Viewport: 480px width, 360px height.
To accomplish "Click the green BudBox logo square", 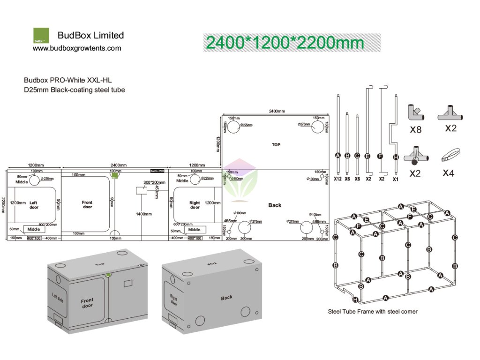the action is click(41, 36).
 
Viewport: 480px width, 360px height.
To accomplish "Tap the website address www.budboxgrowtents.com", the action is click(77, 48).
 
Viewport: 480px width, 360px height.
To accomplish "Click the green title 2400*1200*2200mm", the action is click(285, 43).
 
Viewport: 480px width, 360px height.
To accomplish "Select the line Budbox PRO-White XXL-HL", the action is click(67, 80).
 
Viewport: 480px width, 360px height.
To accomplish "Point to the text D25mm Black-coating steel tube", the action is click(75, 90).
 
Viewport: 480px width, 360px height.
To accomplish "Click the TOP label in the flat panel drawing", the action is click(276, 145).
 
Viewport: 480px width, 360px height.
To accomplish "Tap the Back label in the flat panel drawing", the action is click(275, 205).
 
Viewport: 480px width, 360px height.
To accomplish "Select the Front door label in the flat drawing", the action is click(87, 205).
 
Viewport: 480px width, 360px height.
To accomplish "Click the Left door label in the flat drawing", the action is click(34, 205).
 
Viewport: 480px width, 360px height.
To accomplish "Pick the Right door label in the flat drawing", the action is click(195, 205).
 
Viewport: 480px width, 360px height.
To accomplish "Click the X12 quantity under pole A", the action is click(337, 179).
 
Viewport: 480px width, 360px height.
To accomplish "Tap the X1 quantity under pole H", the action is click(396, 179).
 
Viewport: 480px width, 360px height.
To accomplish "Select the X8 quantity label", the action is click(415, 130).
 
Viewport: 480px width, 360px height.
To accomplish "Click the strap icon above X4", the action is click(450, 155).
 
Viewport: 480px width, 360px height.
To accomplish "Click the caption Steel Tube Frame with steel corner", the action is click(372, 311).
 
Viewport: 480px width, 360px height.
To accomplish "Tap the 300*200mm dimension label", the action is click(154, 182).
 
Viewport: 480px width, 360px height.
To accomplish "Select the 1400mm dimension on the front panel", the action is click(144, 214).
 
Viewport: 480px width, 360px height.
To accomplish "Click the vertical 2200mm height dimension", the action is click(4, 205).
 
